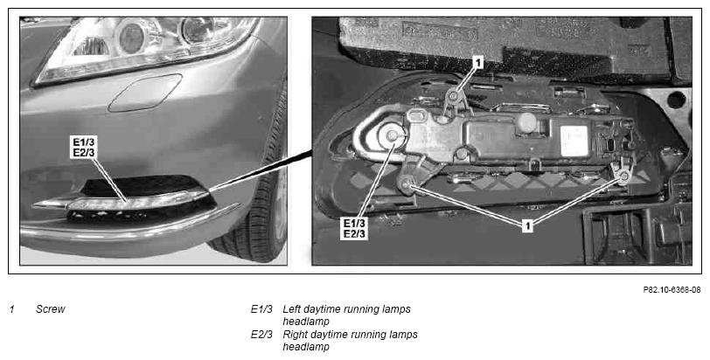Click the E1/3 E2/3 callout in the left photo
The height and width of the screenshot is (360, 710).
[x=84, y=147]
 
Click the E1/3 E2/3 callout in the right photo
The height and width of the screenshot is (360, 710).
[x=354, y=228]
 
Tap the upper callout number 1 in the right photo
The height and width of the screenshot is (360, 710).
[x=477, y=62]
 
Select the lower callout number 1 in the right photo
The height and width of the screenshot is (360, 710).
[x=527, y=225]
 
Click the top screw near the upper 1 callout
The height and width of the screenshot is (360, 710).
[x=453, y=95]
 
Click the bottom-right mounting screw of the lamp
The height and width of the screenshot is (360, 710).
[x=623, y=176]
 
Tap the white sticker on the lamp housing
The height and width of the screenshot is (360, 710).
[x=574, y=141]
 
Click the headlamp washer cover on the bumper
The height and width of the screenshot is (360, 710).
[x=145, y=93]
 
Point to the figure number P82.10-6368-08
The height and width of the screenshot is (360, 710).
[x=672, y=290]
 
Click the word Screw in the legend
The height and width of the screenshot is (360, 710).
[x=50, y=309]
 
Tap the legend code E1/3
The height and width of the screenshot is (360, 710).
[x=261, y=309]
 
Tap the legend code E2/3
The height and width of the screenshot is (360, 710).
[x=261, y=335]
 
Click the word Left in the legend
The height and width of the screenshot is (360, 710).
[x=291, y=309]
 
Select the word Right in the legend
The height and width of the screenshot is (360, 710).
[x=295, y=336]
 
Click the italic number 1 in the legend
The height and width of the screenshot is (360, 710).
[x=12, y=309]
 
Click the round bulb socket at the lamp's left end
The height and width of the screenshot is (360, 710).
[x=391, y=136]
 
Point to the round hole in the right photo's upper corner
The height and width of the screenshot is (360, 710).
[x=676, y=100]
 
